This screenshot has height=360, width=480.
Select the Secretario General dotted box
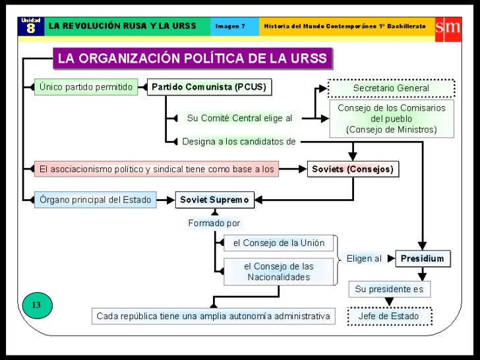[391, 88]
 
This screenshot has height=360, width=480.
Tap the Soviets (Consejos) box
[352, 169]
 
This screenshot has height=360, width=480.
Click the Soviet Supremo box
[214, 200]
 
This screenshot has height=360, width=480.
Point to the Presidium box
[423, 258]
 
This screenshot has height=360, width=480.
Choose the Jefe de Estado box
[389, 316]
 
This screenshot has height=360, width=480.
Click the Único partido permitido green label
[86, 87]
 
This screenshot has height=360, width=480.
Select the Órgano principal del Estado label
[96, 200]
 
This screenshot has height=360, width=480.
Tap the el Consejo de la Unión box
[279, 243]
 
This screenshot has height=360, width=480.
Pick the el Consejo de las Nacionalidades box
[279, 272]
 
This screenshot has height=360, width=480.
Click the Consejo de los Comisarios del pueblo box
[392, 119]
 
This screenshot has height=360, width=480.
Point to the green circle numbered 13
[36, 305]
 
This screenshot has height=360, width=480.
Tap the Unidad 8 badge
[30, 26]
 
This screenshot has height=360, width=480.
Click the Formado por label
[214, 224]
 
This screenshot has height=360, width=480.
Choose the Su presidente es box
[389, 289]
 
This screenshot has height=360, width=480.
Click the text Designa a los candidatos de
[239, 141]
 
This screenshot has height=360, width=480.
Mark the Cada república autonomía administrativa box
[213, 316]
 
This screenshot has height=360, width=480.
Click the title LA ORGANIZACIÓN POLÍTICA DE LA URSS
[193, 59]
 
